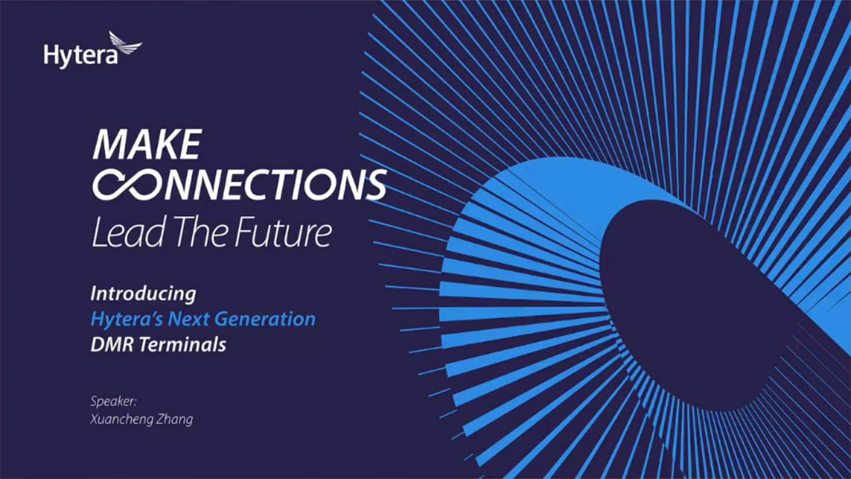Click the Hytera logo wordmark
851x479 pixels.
80,56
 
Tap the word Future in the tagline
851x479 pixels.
284,233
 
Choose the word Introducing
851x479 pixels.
143,294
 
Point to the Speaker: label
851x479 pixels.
114,401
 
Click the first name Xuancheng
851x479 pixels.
121,420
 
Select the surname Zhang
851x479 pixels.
175,420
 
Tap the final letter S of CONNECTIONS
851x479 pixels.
374,185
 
